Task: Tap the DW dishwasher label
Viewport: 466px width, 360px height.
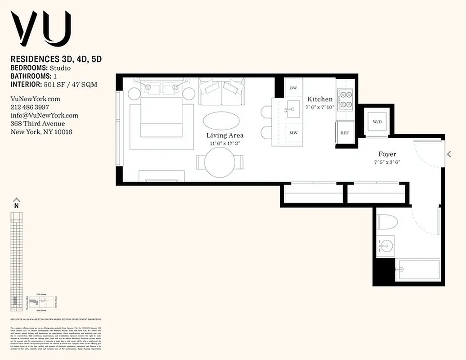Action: pos(293,88)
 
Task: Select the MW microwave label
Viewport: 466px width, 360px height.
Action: pos(293,133)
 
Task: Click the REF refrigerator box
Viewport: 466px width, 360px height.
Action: pos(345,133)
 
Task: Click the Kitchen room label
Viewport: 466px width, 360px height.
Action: pos(320,99)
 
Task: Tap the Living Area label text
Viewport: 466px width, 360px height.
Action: pos(225,135)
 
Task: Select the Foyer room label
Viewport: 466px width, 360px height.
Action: pos(387,154)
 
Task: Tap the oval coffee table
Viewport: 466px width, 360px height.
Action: pos(221,120)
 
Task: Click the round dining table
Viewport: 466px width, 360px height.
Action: pos(220,162)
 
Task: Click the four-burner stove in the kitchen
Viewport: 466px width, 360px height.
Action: pos(346,99)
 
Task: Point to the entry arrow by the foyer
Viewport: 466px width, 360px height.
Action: pos(448,154)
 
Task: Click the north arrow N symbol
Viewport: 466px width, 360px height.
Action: pos(17,202)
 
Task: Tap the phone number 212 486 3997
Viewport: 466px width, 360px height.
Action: pos(30,107)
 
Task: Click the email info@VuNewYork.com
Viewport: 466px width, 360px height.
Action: pos(44,116)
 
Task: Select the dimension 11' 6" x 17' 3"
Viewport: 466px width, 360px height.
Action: pos(225,144)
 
